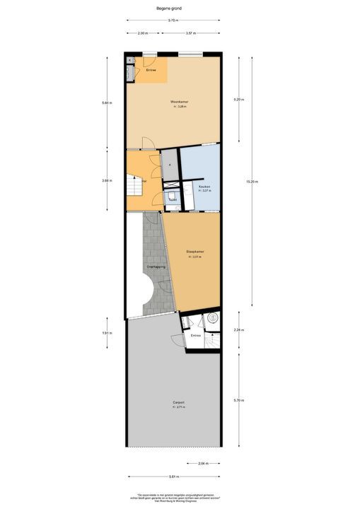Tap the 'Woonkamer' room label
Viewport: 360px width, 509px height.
[x=179, y=103]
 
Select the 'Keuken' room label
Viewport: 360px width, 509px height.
[x=204, y=186]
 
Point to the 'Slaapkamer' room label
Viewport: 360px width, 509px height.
[x=194, y=252]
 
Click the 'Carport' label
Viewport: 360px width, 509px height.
[x=180, y=403]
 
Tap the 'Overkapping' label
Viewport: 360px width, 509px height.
[x=156, y=267]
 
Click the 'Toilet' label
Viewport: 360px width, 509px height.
[x=173, y=200]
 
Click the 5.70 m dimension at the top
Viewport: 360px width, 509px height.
[x=173, y=21]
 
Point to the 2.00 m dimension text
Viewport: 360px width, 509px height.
[x=142, y=33]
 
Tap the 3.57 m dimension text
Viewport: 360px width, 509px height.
[x=190, y=33]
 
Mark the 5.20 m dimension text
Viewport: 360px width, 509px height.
[x=238, y=100]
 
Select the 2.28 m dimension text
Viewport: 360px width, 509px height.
[x=238, y=329]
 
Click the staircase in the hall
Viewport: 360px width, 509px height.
[x=134, y=188]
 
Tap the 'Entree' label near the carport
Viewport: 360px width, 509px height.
[x=196, y=335]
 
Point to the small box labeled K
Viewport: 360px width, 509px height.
[x=129, y=60]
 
